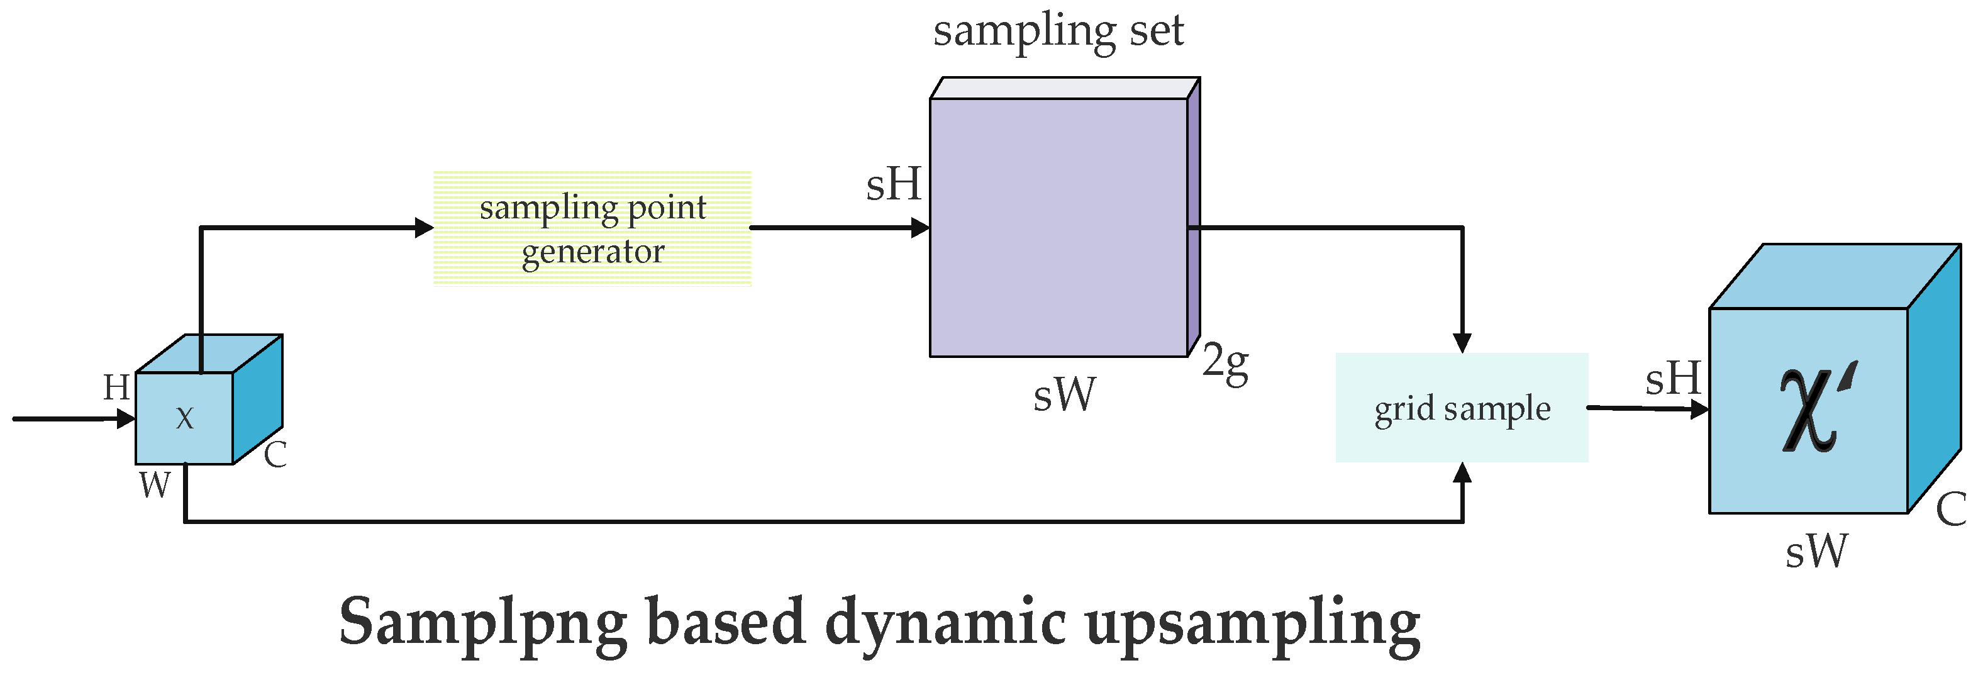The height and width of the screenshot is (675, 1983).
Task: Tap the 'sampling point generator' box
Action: click(592, 228)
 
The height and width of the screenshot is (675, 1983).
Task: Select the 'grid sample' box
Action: click(1461, 408)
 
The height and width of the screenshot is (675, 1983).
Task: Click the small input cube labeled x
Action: click(185, 418)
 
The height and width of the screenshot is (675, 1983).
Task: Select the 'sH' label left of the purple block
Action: click(893, 185)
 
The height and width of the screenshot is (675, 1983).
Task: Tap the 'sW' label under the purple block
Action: click(1064, 396)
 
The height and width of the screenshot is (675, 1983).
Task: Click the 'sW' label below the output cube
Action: click(1816, 552)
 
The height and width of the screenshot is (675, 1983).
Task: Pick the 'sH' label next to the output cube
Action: click(1673, 379)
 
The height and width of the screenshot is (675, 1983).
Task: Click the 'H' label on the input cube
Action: click(117, 387)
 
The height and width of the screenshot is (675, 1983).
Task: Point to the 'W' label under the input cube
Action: click(155, 486)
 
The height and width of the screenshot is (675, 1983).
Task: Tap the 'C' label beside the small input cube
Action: click(275, 455)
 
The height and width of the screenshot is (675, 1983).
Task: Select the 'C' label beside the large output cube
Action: click(1952, 510)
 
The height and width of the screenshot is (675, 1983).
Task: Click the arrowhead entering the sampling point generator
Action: click(424, 228)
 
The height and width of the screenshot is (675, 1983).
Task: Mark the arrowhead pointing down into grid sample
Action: click(1462, 343)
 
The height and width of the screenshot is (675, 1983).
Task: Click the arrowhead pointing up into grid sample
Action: click(1462, 472)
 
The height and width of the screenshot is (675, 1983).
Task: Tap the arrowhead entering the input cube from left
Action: click(126, 419)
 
